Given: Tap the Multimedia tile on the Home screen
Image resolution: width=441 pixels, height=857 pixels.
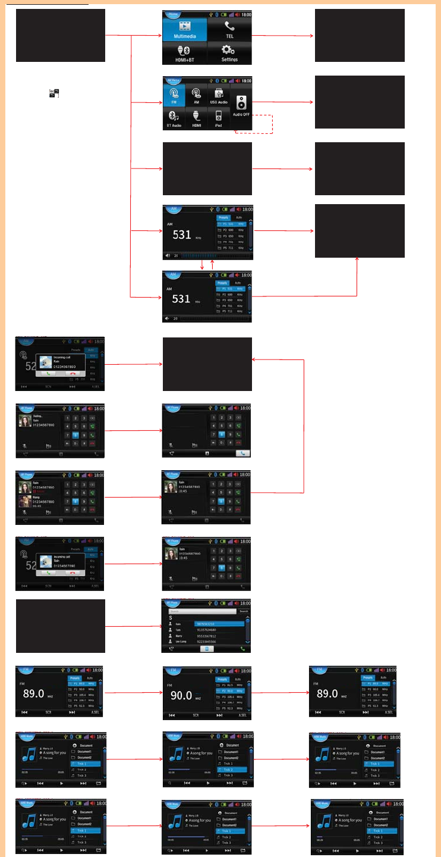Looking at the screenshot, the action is pos(184,29).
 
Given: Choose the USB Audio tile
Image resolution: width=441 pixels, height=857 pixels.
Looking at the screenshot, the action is pos(218,95).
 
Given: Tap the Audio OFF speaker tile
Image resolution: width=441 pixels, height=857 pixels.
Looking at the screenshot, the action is pos(241,106).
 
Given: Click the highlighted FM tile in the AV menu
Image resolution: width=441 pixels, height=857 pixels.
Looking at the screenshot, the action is pos(174,95).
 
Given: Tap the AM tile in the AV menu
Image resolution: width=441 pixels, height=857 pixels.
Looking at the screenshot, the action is pos(196,95).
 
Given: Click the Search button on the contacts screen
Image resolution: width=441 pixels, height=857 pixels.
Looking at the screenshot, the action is pos(244,611).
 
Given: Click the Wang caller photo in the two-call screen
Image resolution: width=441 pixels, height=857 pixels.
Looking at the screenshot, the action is pos(25,501).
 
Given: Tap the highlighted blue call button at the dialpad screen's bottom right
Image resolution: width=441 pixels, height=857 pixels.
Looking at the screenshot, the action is pos(242,453).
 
